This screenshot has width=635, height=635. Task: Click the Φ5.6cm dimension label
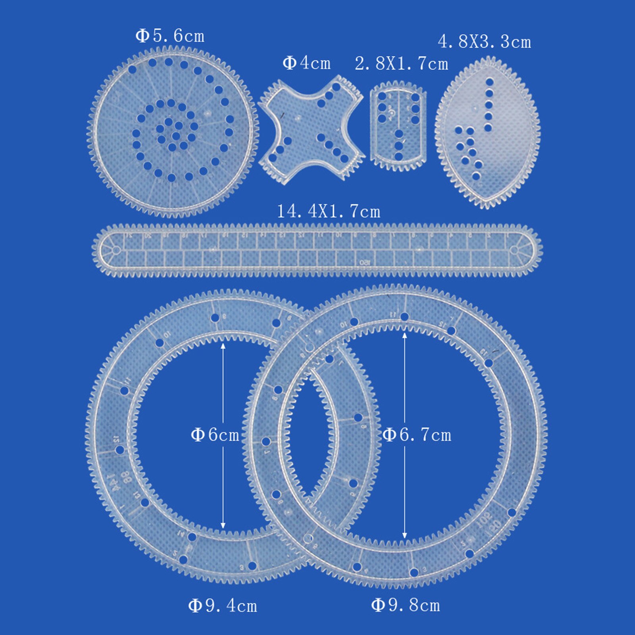point(170,36)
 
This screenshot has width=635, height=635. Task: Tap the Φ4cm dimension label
point(306,63)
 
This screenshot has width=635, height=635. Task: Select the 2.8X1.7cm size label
point(401,63)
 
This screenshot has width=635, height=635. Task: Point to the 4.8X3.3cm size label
point(484,42)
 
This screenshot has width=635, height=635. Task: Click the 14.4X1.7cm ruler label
point(328,212)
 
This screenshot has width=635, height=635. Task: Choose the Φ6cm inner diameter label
point(215,435)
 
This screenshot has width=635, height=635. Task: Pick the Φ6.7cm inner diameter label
point(417,435)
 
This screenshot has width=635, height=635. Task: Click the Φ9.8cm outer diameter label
point(406,605)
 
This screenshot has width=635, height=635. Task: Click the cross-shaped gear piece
point(311,129)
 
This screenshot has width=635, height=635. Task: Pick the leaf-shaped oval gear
point(487,133)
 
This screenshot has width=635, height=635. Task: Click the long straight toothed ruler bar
point(317,250)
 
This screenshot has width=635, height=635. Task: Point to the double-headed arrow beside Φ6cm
point(223,397)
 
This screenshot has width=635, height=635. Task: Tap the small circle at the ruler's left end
point(116,250)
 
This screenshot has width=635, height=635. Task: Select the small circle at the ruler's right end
point(514,250)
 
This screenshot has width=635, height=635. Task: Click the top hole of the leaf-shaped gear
point(489,82)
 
